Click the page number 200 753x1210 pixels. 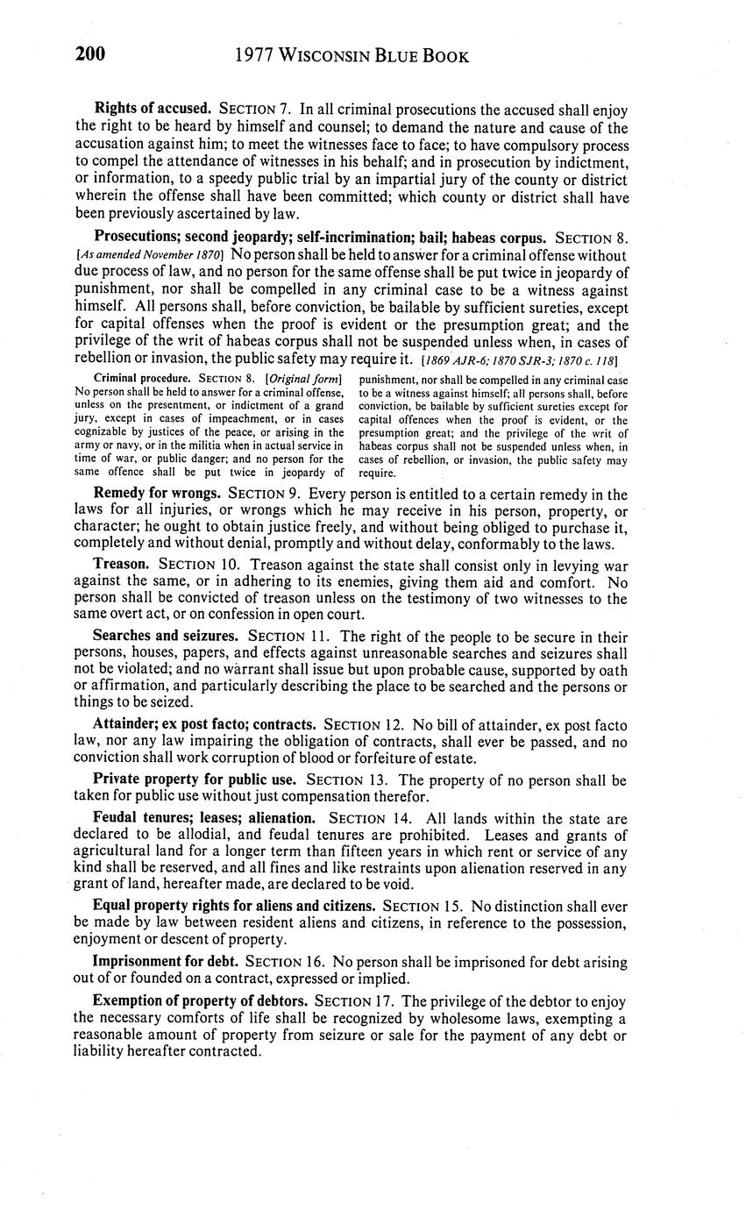point(90,55)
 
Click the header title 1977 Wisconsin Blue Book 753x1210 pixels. point(352,56)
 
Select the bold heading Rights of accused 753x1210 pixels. point(153,110)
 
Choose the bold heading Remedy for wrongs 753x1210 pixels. point(157,495)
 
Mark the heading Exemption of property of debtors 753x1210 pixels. point(200,1000)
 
